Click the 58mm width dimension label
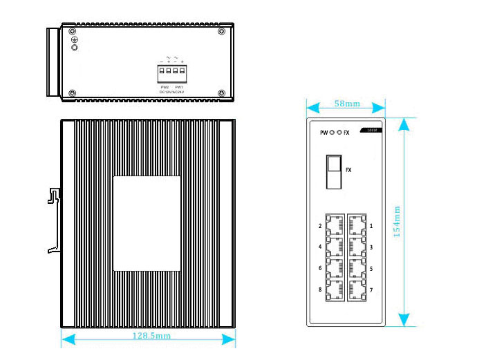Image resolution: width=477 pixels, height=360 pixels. pyautogui.click(x=346, y=104)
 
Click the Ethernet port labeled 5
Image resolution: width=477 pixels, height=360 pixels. pyautogui.click(x=357, y=268)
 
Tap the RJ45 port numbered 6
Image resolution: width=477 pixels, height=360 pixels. pyautogui.click(x=335, y=268)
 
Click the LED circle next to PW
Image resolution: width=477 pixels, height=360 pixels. pyautogui.click(x=332, y=132)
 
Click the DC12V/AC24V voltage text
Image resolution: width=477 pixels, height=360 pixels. pyautogui.click(x=171, y=92)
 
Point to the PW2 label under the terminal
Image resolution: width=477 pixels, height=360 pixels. pyautogui.click(x=165, y=86)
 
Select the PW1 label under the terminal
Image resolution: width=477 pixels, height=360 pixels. pyautogui.click(x=178, y=86)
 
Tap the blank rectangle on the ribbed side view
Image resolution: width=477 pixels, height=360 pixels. pyautogui.click(x=147, y=223)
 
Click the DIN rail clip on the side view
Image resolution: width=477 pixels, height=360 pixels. pyautogui.click(x=53, y=221)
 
